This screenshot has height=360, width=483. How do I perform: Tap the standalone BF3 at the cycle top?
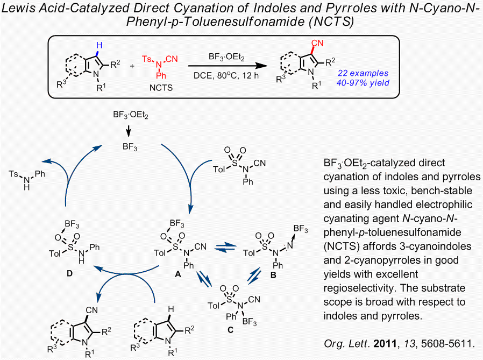(130, 145)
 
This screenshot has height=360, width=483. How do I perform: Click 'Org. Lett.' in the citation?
(344, 343)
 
